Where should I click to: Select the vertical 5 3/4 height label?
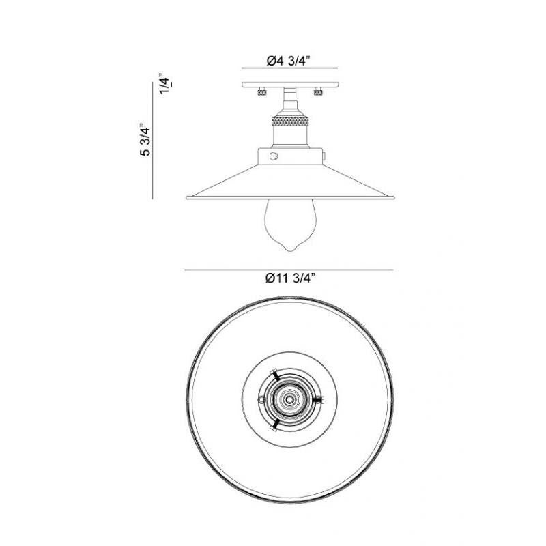pos(145,141)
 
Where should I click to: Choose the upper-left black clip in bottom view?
pos(273,375)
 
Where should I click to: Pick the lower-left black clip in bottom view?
pos(274,424)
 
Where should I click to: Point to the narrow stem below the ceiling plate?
pos(289,100)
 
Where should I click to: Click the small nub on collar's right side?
pos(322,156)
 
